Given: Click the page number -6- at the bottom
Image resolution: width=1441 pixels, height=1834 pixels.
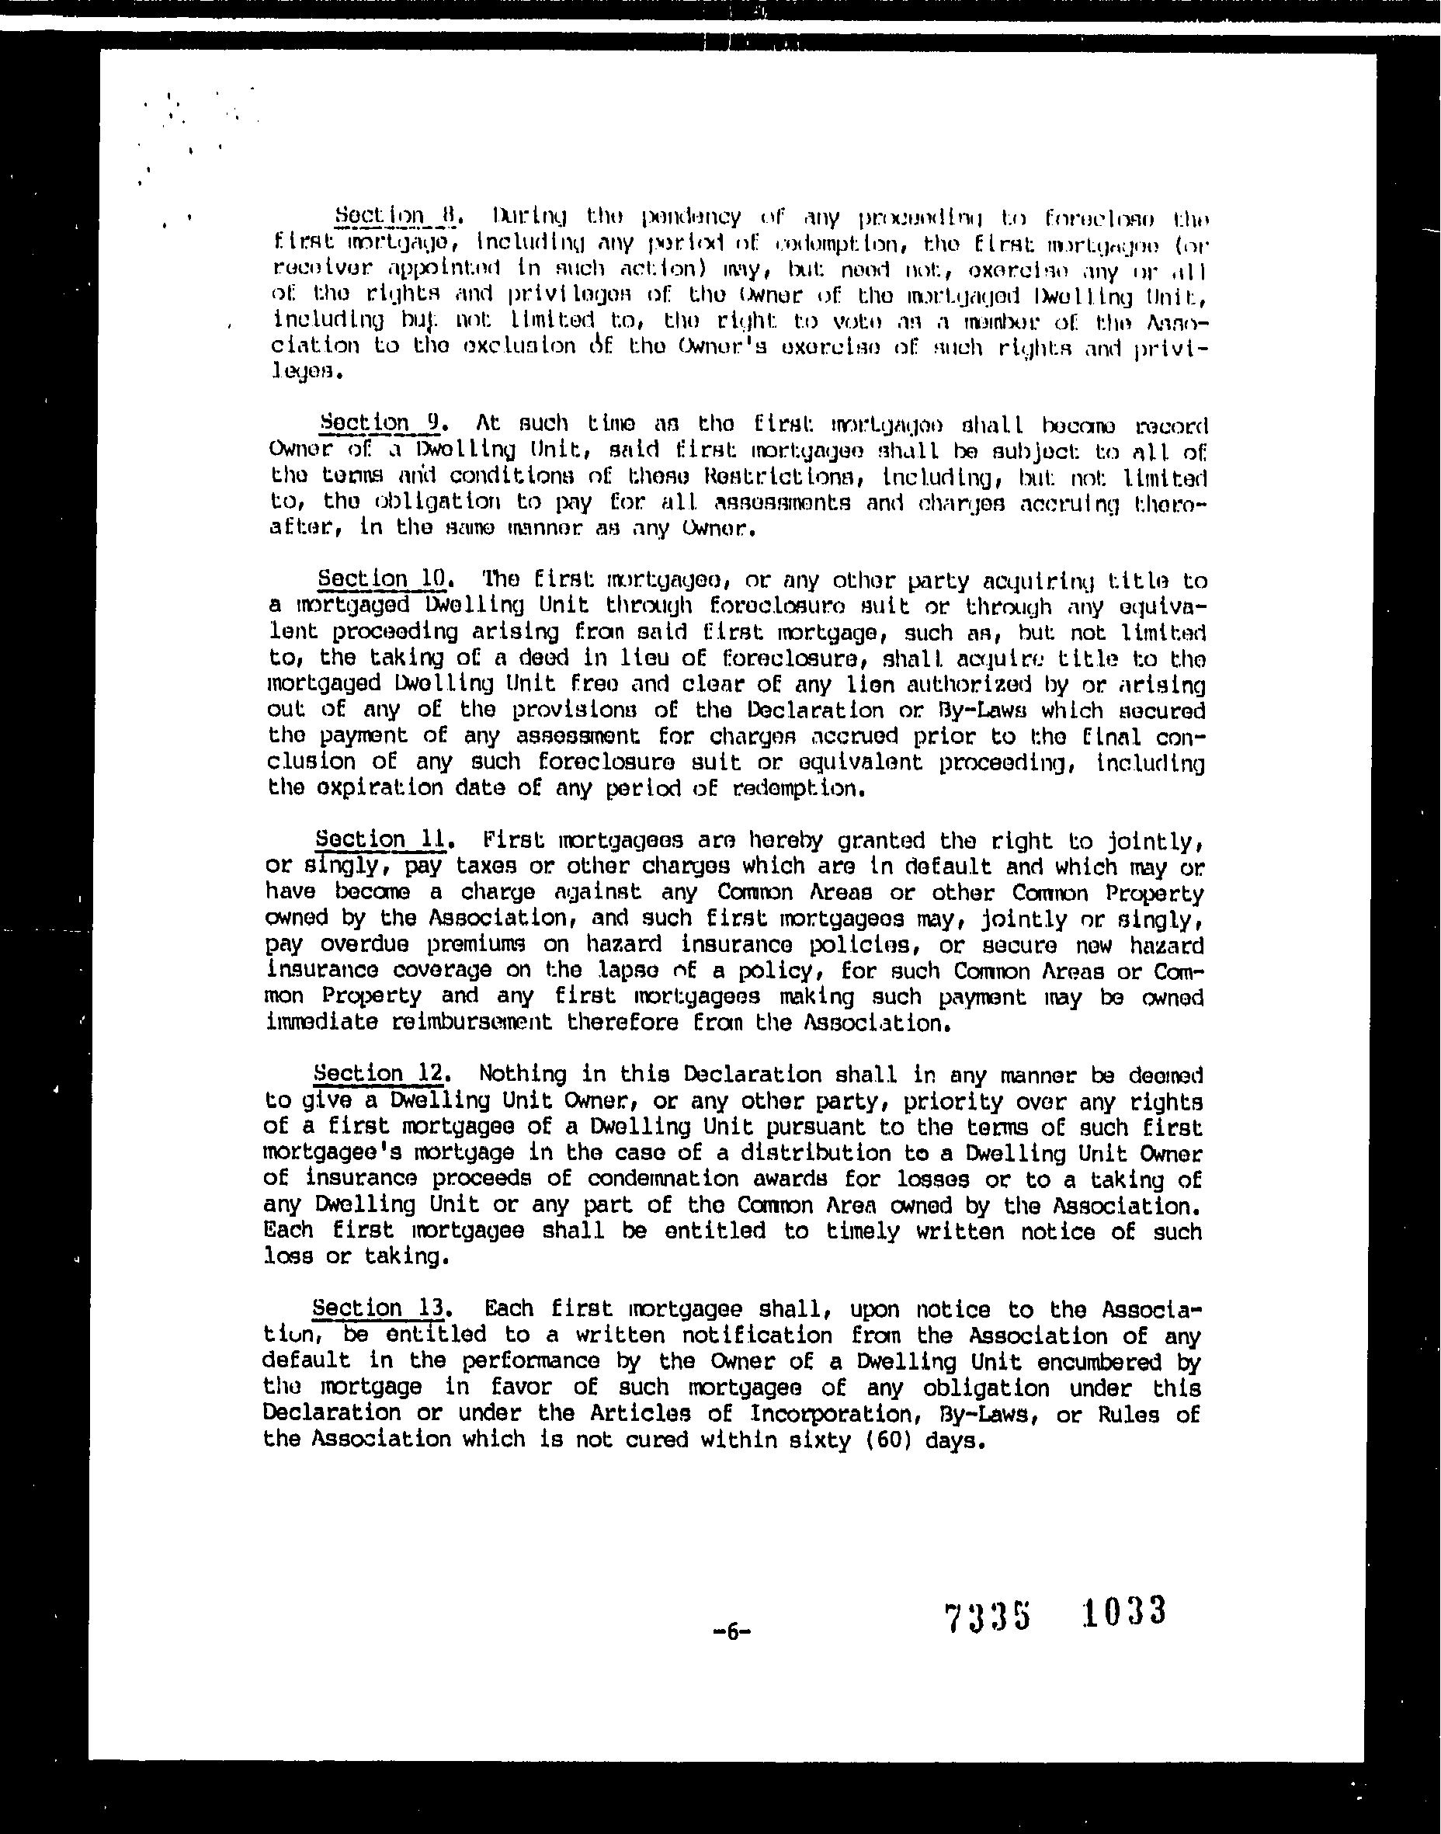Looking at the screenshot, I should click(x=731, y=1631).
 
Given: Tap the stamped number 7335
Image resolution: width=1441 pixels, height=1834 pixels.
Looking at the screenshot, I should click(x=988, y=1617).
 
